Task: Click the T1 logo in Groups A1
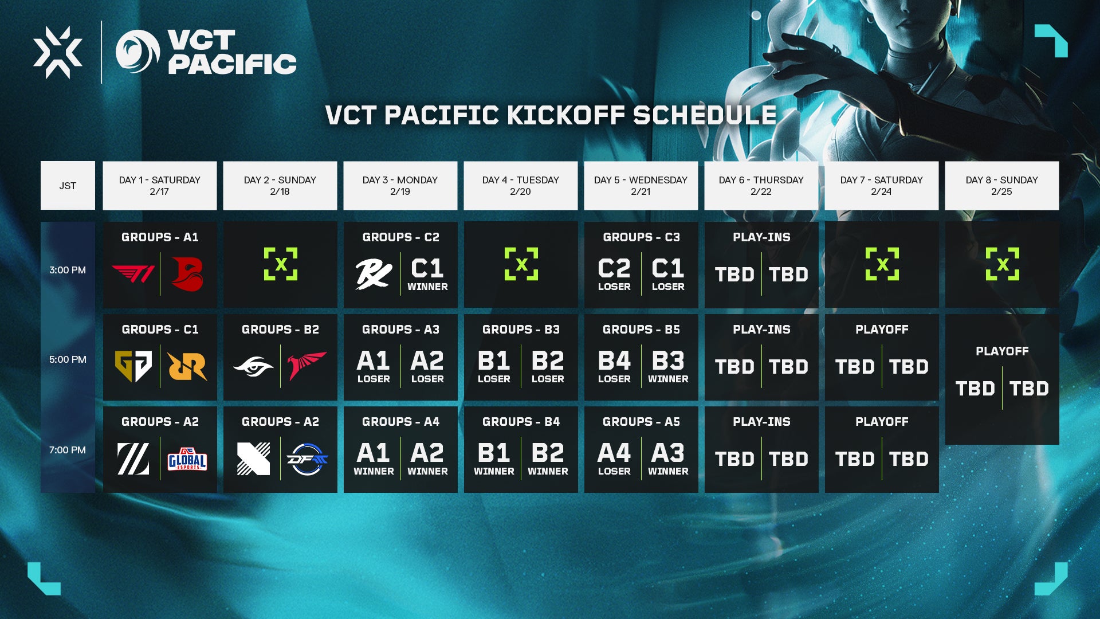click(x=133, y=274)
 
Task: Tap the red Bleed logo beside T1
click(x=187, y=274)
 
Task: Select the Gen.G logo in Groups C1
click(x=133, y=366)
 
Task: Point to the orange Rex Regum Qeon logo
click(x=187, y=366)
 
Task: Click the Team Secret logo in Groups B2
click(x=253, y=366)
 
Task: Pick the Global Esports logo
click(x=187, y=459)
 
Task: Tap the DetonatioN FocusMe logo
click(x=307, y=459)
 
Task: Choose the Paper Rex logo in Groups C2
click(x=374, y=274)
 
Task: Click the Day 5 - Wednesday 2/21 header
click(x=641, y=186)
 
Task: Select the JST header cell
click(x=68, y=186)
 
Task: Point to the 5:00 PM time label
click(x=68, y=359)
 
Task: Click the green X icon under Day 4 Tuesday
click(x=521, y=264)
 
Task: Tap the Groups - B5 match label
click(x=641, y=330)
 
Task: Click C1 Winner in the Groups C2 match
click(x=427, y=274)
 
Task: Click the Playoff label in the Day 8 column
click(x=1002, y=351)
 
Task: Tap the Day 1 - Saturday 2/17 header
click(x=160, y=186)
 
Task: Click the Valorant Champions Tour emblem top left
click(x=58, y=52)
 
